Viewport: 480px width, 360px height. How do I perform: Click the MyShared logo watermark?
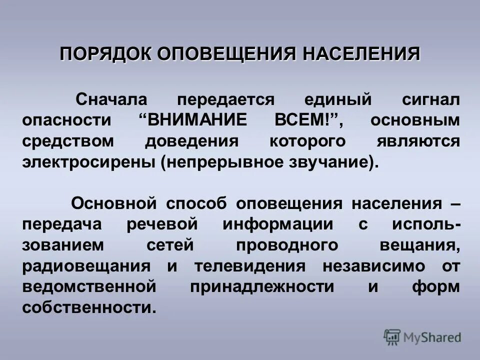point(422,337)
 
